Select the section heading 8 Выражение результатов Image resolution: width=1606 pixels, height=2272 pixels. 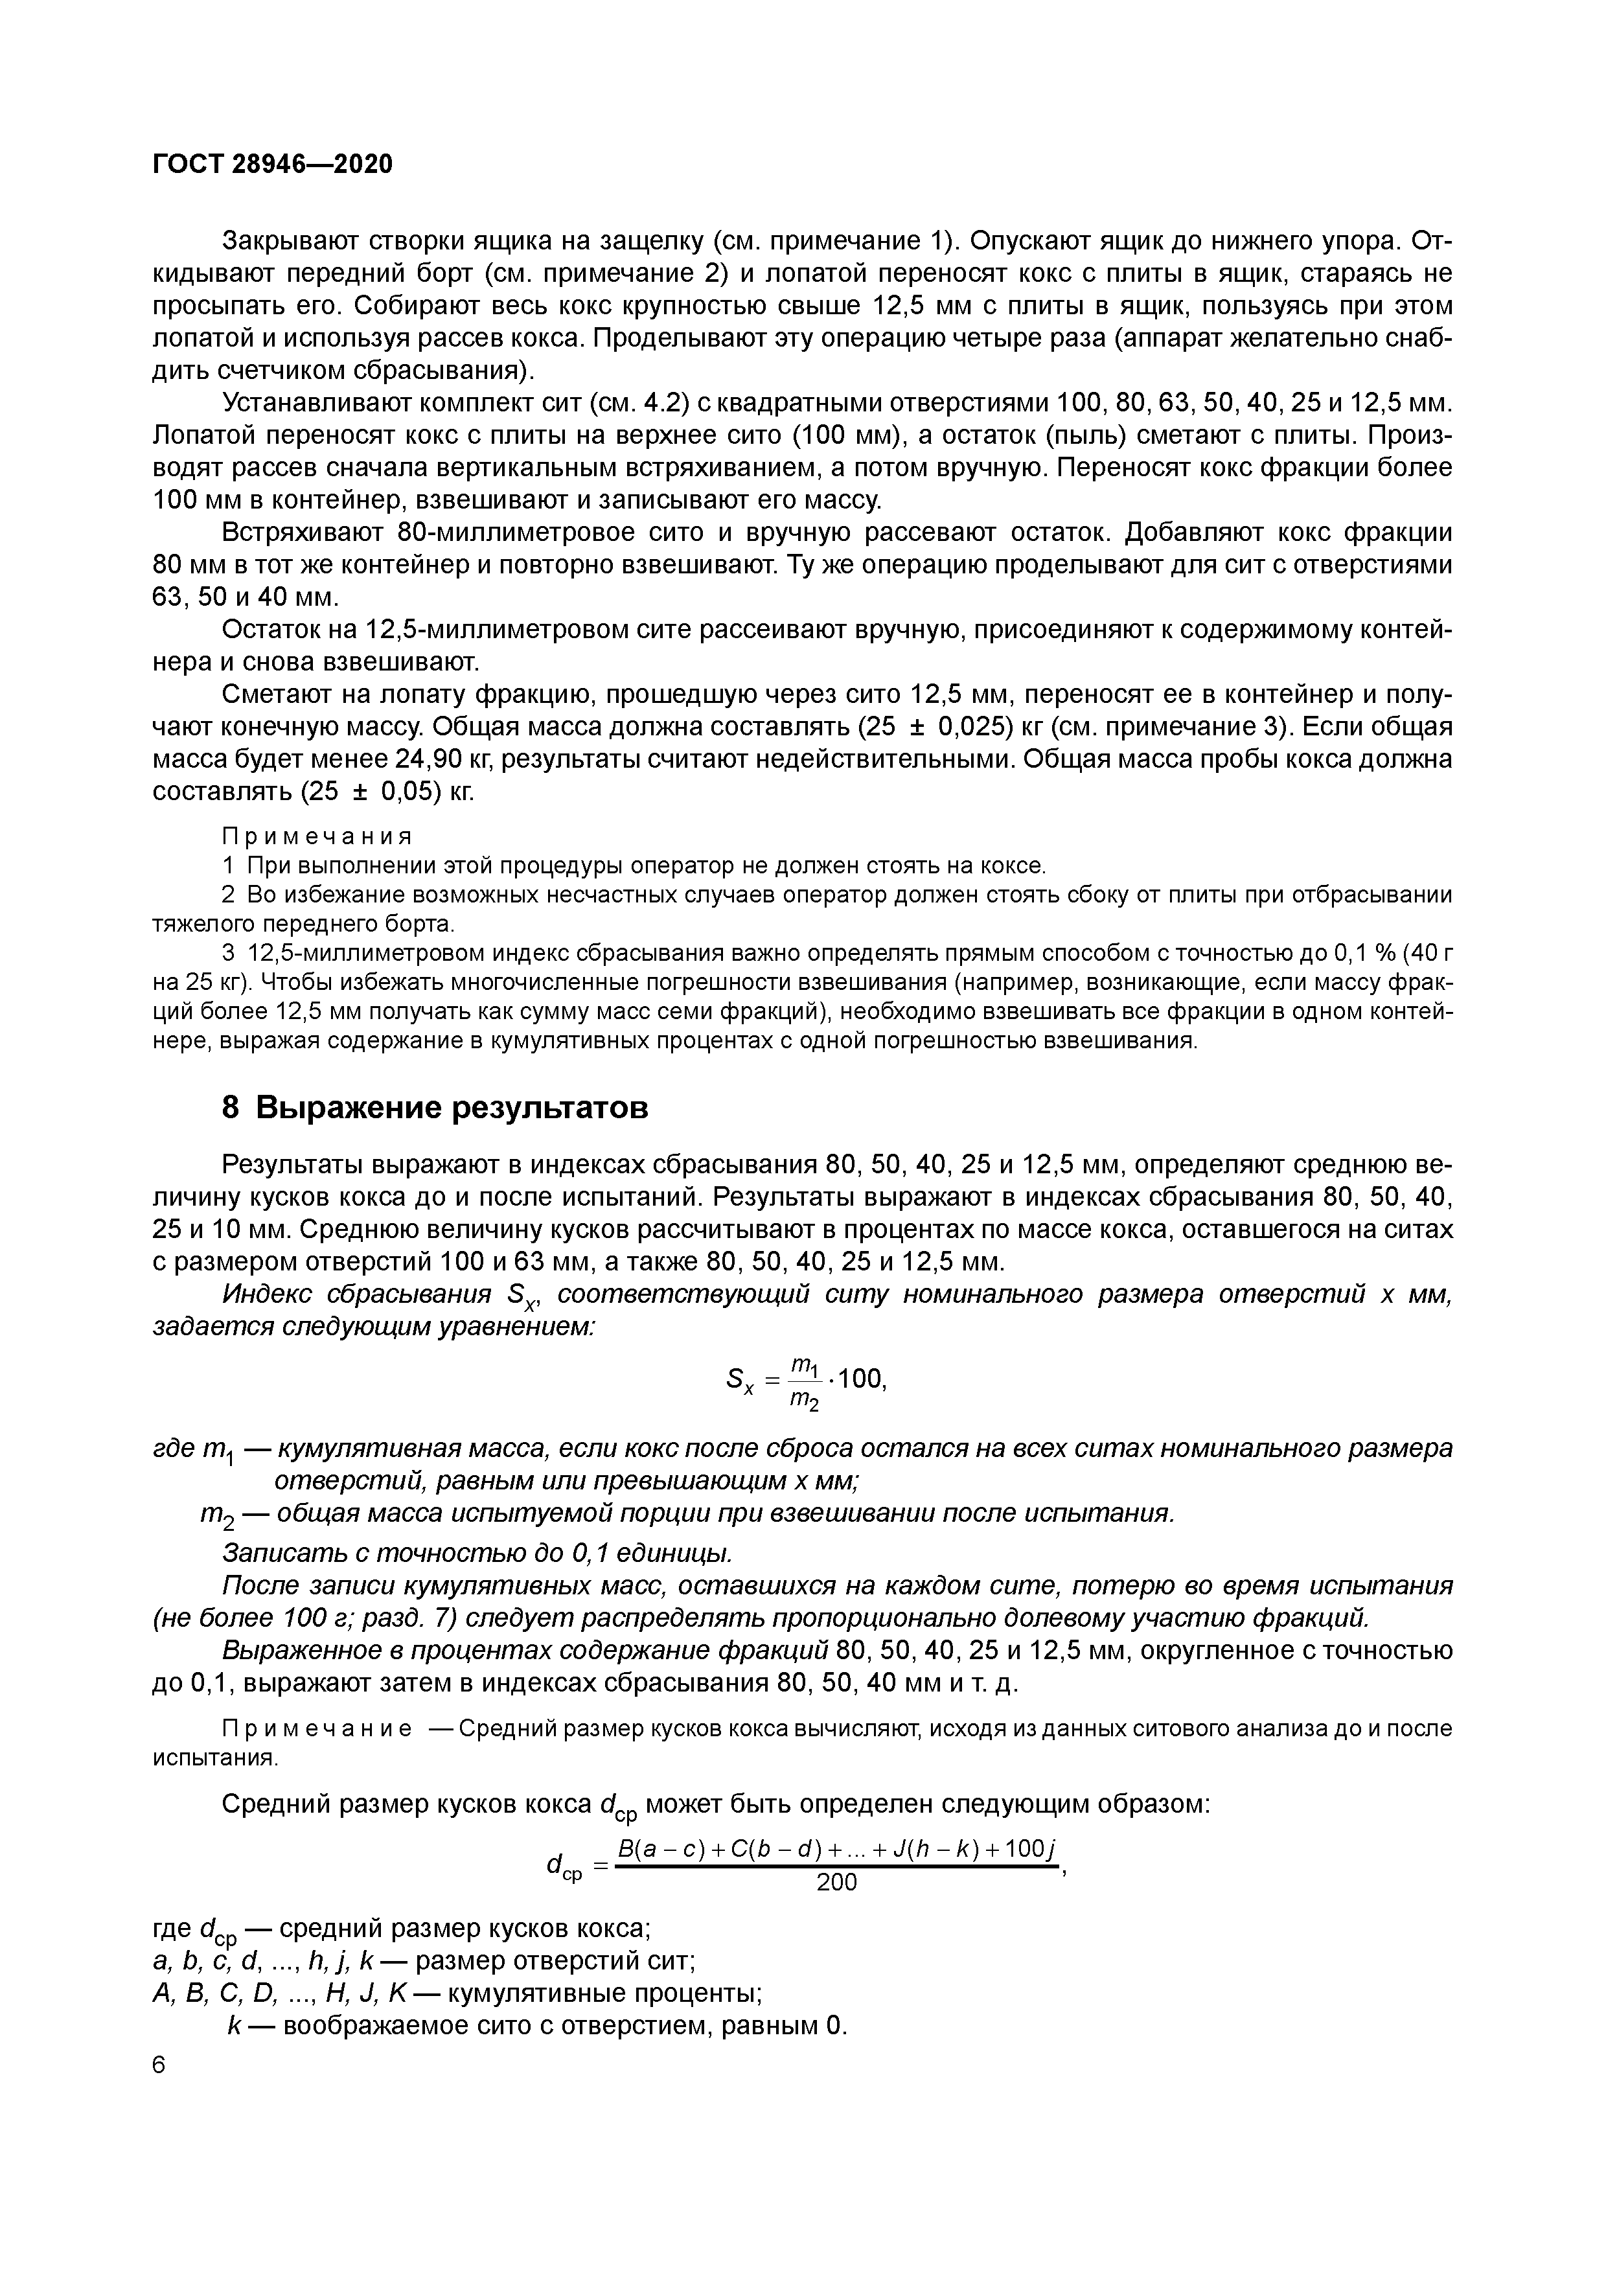point(435,1107)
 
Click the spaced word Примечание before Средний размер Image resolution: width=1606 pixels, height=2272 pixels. point(317,1728)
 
